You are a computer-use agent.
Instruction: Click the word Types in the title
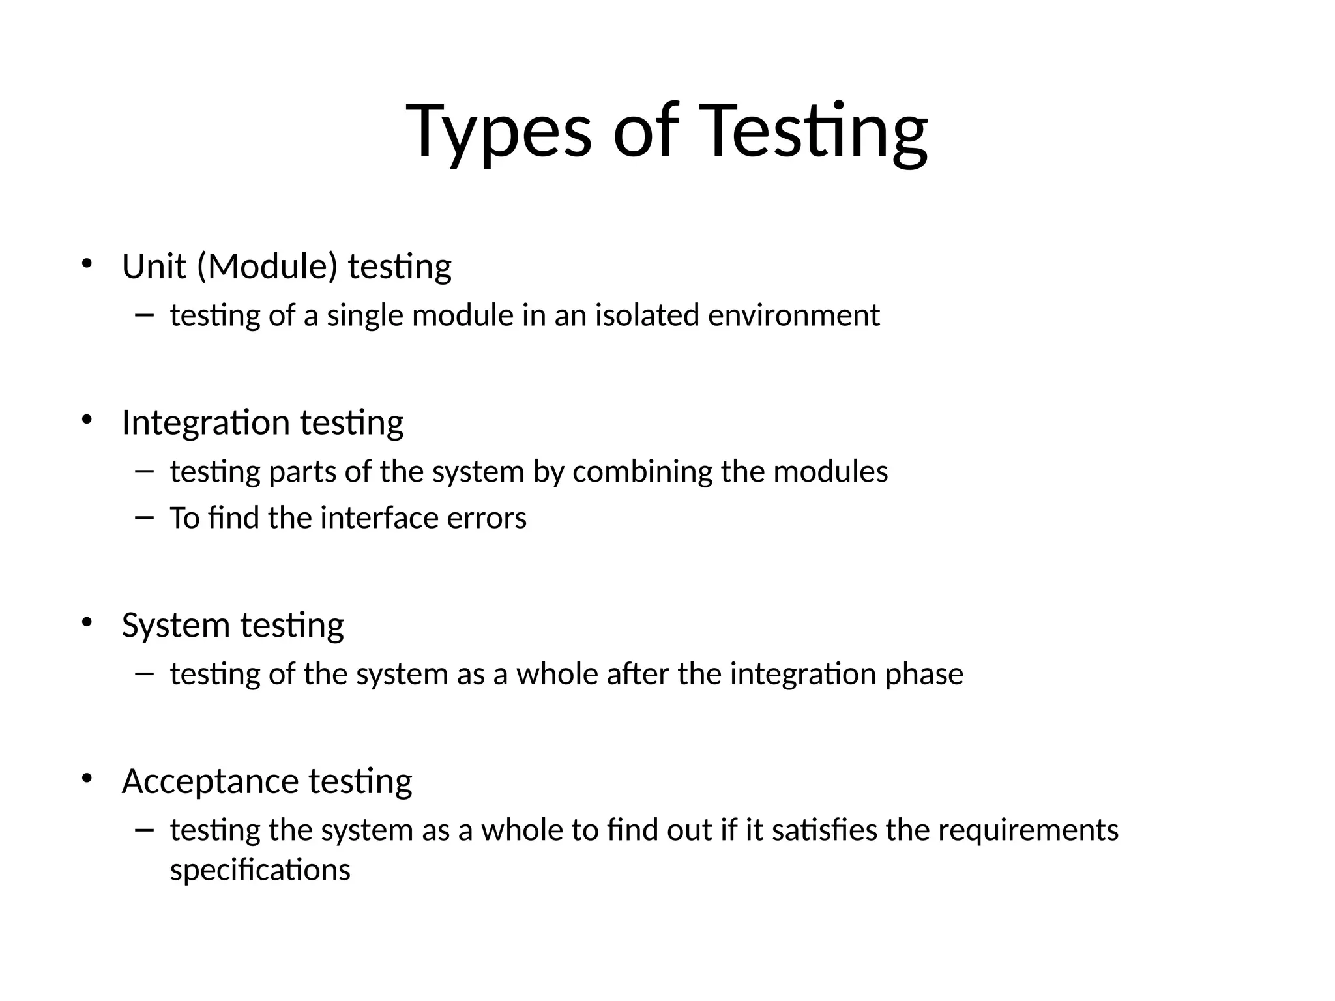pos(499,132)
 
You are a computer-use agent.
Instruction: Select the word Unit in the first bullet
pos(154,267)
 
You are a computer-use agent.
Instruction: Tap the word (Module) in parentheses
pos(267,267)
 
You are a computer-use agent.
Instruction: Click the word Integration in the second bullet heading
pos(205,422)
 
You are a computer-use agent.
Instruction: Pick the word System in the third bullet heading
pos(175,625)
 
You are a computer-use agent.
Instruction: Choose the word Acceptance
pos(210,781)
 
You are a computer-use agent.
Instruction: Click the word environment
pos(794,315)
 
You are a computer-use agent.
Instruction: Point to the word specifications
pos(260,870)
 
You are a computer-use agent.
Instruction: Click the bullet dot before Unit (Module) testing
pos(87,264)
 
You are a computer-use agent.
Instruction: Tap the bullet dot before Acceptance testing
pos(87,779)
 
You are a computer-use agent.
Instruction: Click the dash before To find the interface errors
pos(144,517)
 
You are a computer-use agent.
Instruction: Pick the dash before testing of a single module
pos(144,315)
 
